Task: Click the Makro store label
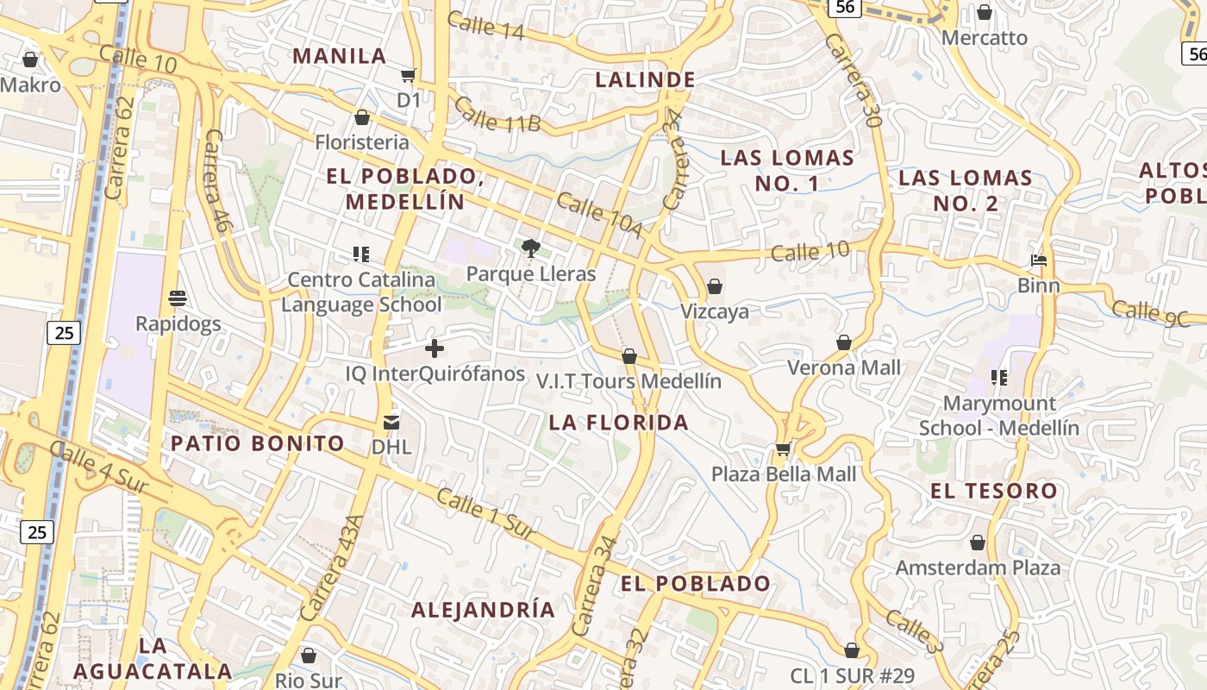point(31,85)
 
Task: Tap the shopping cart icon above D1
point(409,75)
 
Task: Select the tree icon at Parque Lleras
point(531,249)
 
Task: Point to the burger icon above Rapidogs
point(178,298)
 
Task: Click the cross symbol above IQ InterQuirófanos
point(435,348)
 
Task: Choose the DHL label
point(391,447)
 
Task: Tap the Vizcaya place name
point(715,311)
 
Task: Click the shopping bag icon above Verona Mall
point(844,342)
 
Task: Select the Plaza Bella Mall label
point(784,474)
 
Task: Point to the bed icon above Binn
point(1039,260)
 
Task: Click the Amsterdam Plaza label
point(978,568)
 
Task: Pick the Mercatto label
point(985,38)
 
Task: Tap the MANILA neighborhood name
point(340,56)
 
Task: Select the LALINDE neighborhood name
point(646,80)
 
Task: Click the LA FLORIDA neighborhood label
point(619,423)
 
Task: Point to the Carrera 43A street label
point(332,568)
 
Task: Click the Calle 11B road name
point(497,116)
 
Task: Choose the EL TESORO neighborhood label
point(993,491)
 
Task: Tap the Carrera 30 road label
point(852,83)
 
